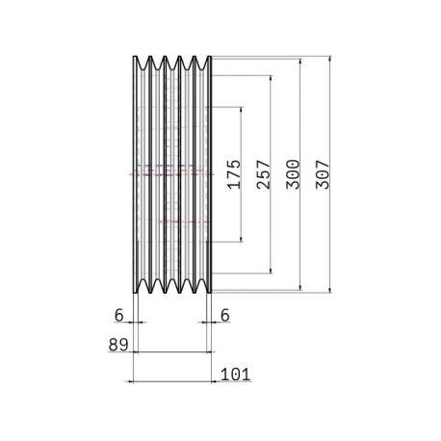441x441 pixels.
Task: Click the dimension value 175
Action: (x=234, y=174)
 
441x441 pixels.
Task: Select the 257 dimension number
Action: (x=264, y=174)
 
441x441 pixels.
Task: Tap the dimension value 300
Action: (x=293, y=174)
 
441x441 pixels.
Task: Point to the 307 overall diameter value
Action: (x=323, y=174)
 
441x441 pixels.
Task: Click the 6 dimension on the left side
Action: (x=118, y=315)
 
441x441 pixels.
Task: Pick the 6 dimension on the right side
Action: (x=225, y=315)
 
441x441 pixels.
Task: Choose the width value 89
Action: (x=118, y=345)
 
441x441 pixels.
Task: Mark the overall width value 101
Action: (x=236, y=375)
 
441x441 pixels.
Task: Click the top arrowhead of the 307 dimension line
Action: (x=330, y=60)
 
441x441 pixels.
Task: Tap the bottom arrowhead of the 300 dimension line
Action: (x=300, y=287)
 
